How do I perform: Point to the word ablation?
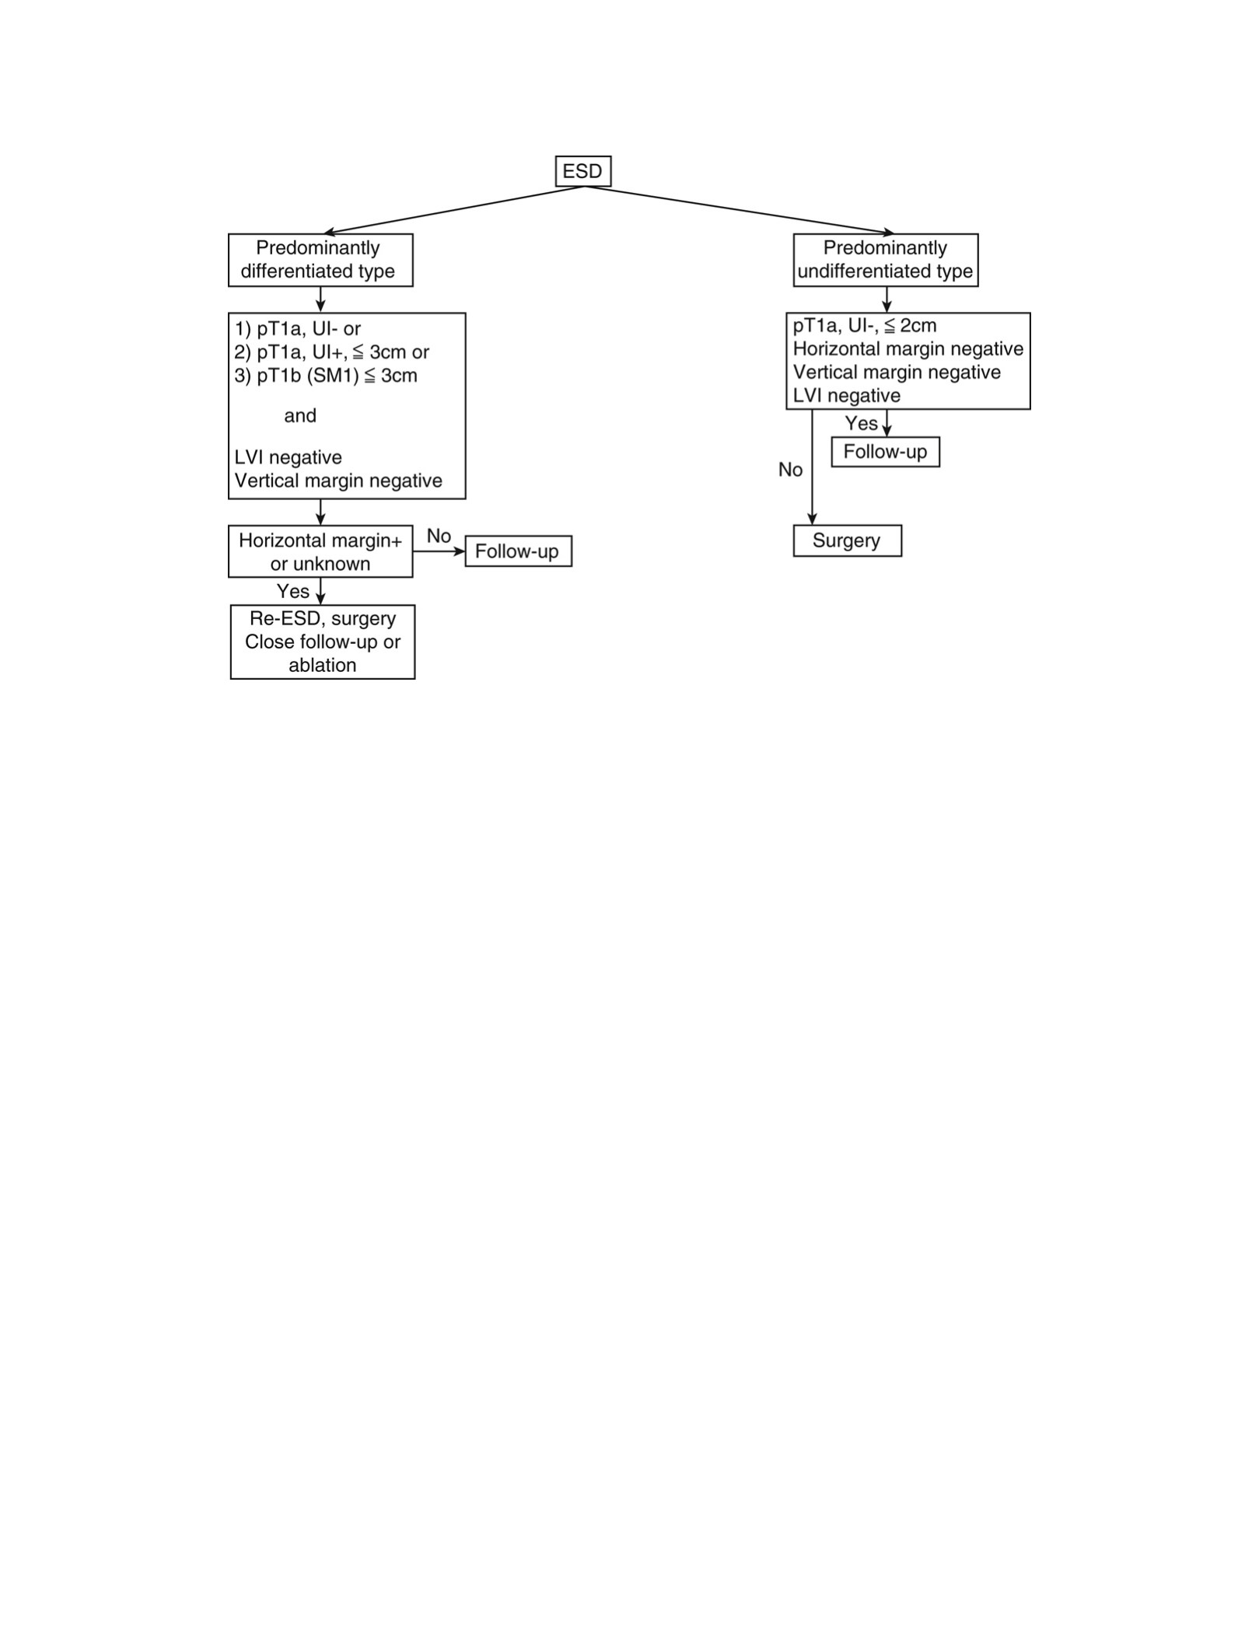(x=323, y=665)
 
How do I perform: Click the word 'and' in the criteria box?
(x=300, y=415)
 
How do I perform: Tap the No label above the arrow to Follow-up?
(x=439, y=536)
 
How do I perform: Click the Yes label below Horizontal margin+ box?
(x=293, y=591)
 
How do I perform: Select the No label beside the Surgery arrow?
(x=791, y=470)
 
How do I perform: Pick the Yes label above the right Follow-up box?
(x=862, y=423)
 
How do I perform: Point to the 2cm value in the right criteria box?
(x=918, y=325)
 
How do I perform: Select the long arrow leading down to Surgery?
(x=813, y=467)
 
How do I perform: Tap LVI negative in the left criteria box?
(x=289, y=457)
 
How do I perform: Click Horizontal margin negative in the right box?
(x=908, y=348)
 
